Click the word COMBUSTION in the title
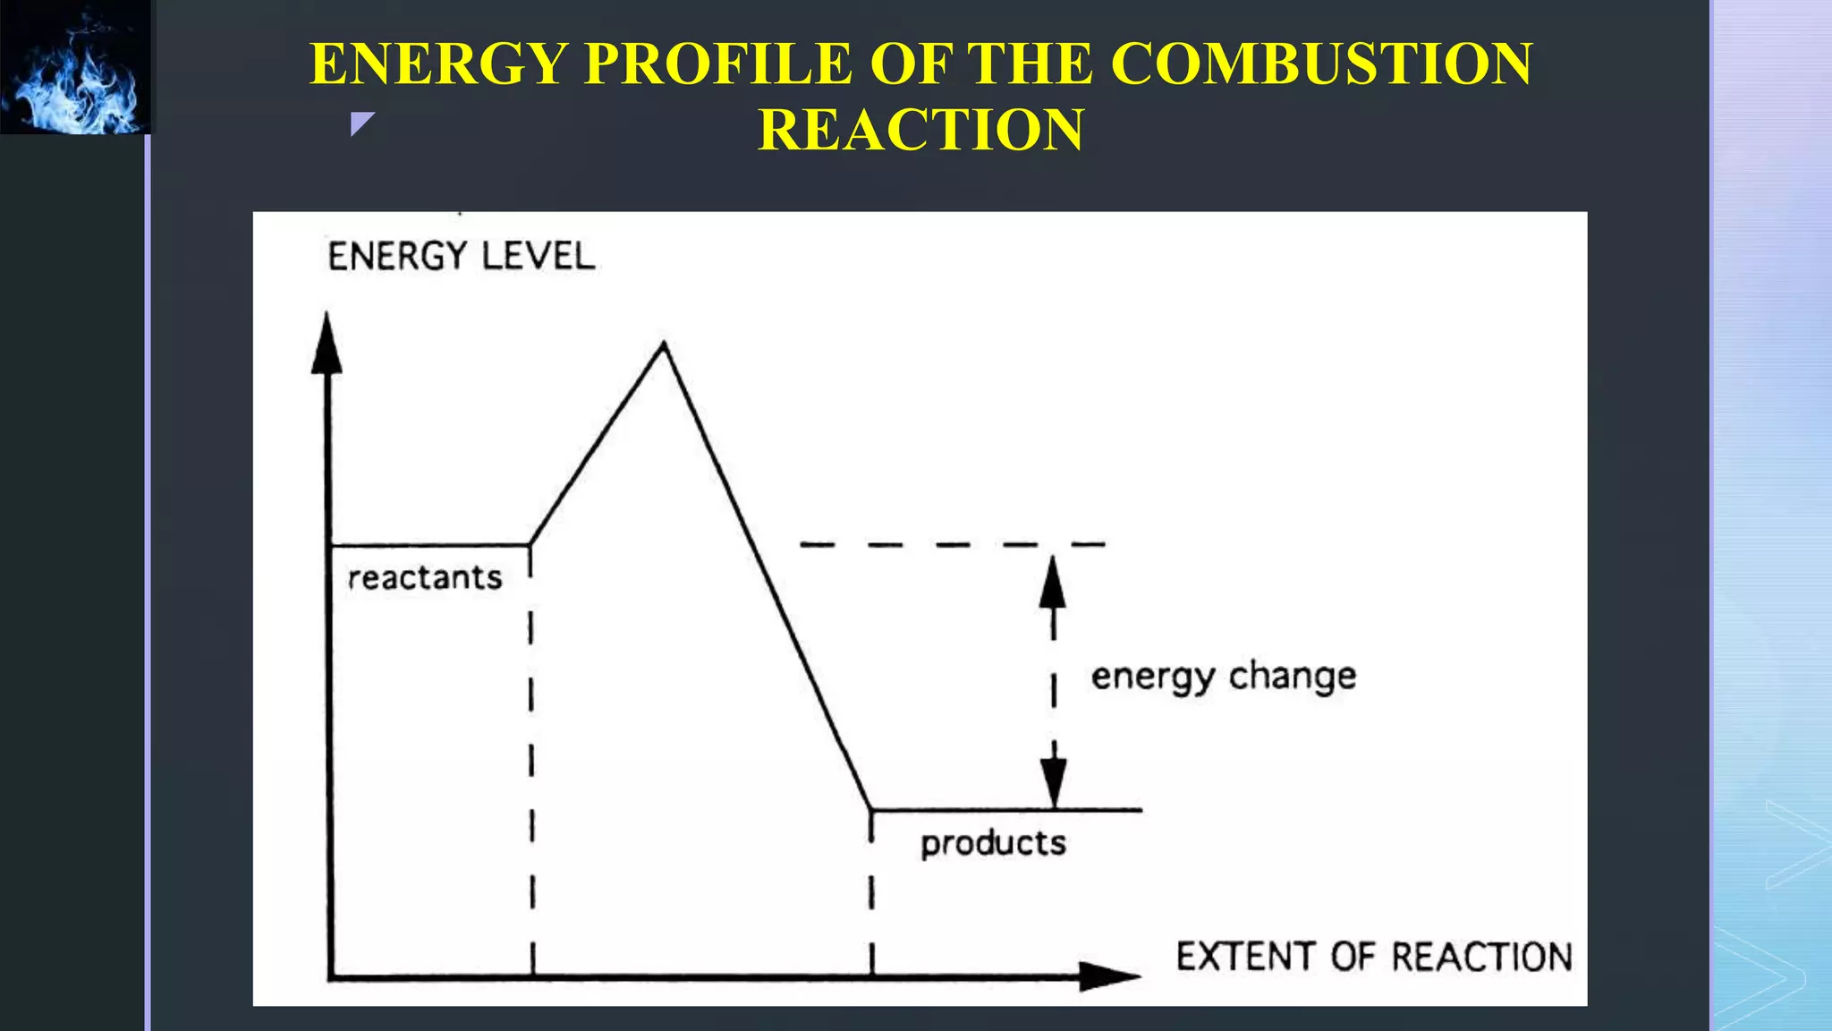[1322, 64]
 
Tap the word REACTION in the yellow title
[920, 130]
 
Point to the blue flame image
[76, 67]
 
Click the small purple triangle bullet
[361, 124]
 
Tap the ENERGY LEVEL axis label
[461, 257]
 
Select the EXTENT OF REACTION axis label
[1373, 957]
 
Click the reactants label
[425, 578]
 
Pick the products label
[993, 843]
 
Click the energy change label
[1223, 677]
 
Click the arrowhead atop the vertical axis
[327, 345]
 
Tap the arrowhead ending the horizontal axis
[1109, 976]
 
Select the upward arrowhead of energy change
[1053, 582]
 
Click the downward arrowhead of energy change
[1054, 783]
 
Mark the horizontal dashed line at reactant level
[952, 544]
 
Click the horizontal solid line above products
[1006, 810]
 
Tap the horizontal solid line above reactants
[429, 544]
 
